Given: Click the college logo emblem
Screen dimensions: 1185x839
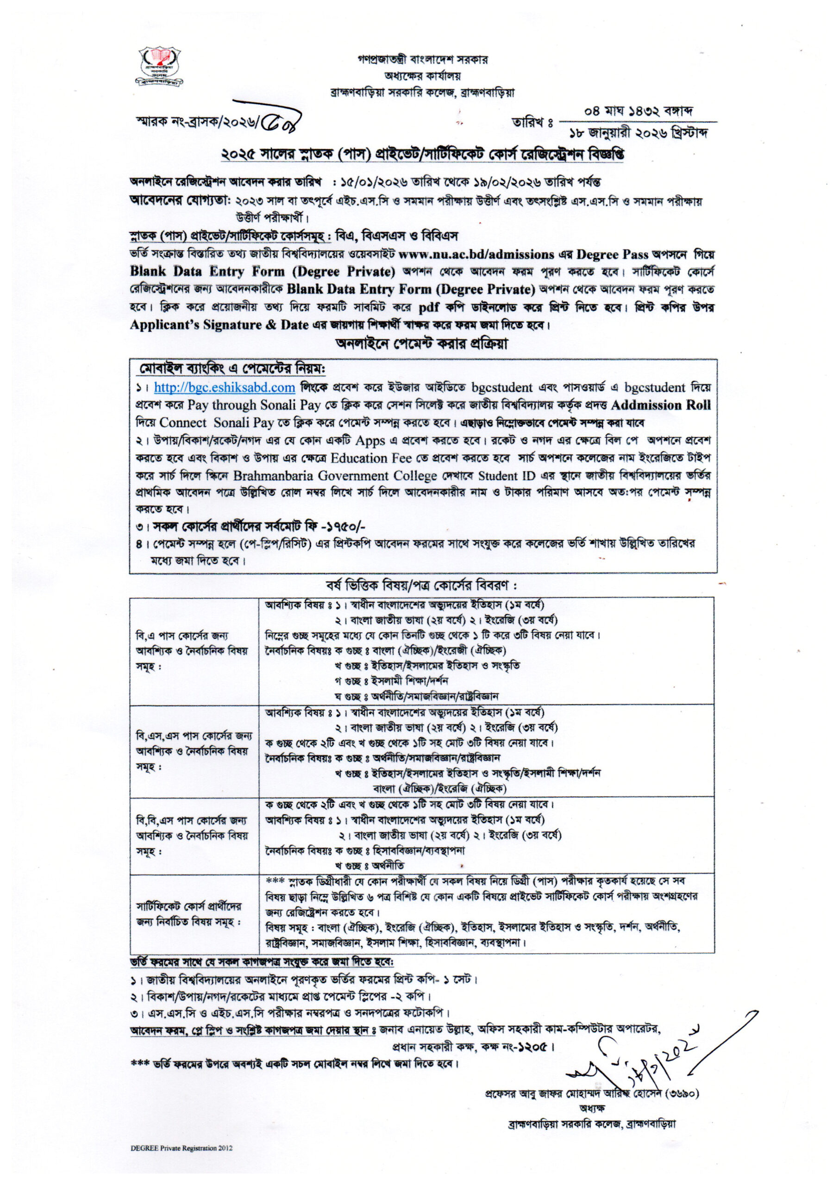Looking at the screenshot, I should tap(160, 66).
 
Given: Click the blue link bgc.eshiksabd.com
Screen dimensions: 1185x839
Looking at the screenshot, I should tap(224, 387).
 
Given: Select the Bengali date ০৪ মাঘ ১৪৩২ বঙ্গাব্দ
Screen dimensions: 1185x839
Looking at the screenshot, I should tap(638, 112).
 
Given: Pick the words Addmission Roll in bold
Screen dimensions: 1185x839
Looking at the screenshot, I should tap(661, 405).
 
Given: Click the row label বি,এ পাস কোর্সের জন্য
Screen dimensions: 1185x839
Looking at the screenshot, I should tap(182, 636).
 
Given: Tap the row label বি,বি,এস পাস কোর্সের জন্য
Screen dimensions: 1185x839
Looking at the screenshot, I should tap(191, 820).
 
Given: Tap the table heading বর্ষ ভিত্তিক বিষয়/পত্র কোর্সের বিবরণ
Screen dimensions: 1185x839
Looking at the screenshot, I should tap(421, 586).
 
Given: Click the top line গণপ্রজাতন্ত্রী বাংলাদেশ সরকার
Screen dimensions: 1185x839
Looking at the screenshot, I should tap(422, 59).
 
